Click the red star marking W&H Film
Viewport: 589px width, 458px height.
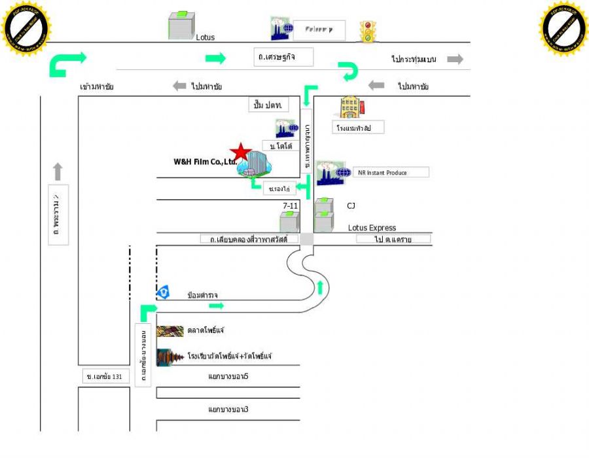pyautogui.click(x=241, y=152)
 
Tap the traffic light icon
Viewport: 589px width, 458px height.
pyautogui.click(x=368, y=31)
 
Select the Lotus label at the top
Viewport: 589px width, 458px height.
pyautogui.click(x=205, y=38)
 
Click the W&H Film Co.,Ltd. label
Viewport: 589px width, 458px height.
pyautogui.click(x=204, y=162)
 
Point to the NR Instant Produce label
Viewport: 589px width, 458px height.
pyautogui.click(x=390, y=172)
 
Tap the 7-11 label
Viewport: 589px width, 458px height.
pyautogui.click(x=291, y=206)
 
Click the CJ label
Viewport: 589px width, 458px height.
pyautogui.click(x=351, y=205)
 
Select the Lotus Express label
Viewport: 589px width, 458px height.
pyautogui.click(x=372, y=228)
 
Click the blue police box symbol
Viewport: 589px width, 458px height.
pyautogui.click(x=163, y=292)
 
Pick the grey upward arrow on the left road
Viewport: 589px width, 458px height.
pyautogui.click(x=58, y=171)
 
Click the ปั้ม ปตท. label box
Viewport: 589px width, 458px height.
pyautogui.click(x=269, y=105)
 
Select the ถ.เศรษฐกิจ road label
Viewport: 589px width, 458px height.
pyautogui.click(x=283, y=57)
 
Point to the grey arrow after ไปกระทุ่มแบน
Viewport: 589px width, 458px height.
pyautogui.click(x=455, y=60)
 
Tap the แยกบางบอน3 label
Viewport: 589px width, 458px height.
pyautogui.click(x=228, y=410)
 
